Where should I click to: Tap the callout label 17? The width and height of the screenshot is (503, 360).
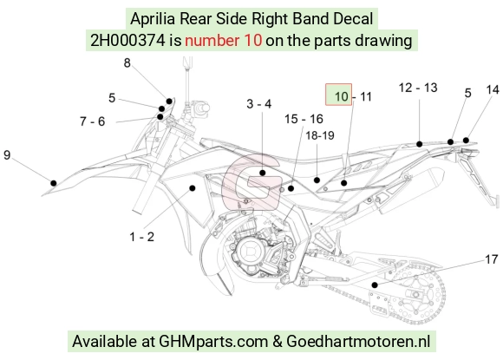491,259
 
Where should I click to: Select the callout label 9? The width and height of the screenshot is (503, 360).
7,155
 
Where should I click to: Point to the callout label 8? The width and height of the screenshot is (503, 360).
127,62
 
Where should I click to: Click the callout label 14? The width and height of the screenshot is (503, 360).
493,89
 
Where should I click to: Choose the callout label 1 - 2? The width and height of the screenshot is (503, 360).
141,237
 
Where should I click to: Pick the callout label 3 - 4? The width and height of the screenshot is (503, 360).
259,103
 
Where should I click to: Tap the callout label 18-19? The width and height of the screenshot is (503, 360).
319,135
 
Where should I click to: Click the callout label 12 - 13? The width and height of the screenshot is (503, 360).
418,88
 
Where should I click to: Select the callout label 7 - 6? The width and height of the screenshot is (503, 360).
93,121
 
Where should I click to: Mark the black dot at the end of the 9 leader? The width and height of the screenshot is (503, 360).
54,183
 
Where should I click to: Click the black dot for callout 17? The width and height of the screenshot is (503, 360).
375,285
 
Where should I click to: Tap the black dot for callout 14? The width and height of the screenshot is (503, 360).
466,141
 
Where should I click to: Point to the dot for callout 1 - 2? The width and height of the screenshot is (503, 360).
193,188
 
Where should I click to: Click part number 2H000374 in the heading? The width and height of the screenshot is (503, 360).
127,41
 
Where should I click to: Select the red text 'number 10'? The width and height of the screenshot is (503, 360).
223,41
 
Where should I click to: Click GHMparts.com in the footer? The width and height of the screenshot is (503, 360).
213,341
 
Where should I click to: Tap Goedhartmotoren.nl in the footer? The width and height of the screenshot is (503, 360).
358,341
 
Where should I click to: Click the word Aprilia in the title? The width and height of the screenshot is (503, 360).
153,19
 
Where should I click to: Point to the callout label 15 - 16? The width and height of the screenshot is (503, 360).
304,119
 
